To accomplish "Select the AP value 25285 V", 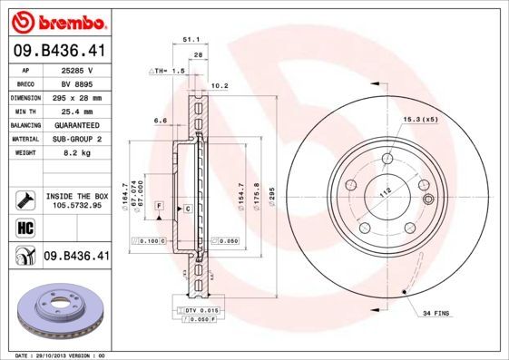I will pos(77,69).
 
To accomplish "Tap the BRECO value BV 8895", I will pos(76,83).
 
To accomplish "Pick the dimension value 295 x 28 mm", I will pos(76,97).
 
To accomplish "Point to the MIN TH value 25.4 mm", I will pos(76,111).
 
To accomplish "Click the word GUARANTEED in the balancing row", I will pos(76,124).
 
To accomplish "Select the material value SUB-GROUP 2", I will pos(76,139).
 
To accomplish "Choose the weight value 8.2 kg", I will pos(76,152).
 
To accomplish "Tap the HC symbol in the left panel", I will pos(24,227).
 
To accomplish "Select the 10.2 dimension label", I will pos(218,87).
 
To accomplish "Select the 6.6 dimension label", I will pos(161,120).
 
